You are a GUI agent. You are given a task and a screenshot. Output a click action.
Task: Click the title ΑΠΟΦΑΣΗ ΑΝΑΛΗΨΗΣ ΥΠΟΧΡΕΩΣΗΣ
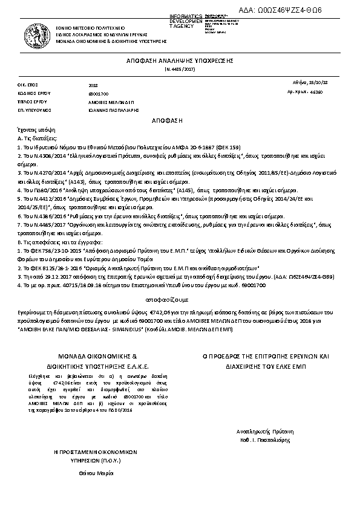click(x=180, y=62)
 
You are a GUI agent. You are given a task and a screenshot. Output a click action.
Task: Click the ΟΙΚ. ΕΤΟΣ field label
click(x=28, y=86)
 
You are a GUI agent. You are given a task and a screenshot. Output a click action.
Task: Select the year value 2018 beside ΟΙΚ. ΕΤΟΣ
click(x=93, y=86)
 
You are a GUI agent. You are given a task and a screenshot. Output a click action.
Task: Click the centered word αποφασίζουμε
click(x=180, y=299)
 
